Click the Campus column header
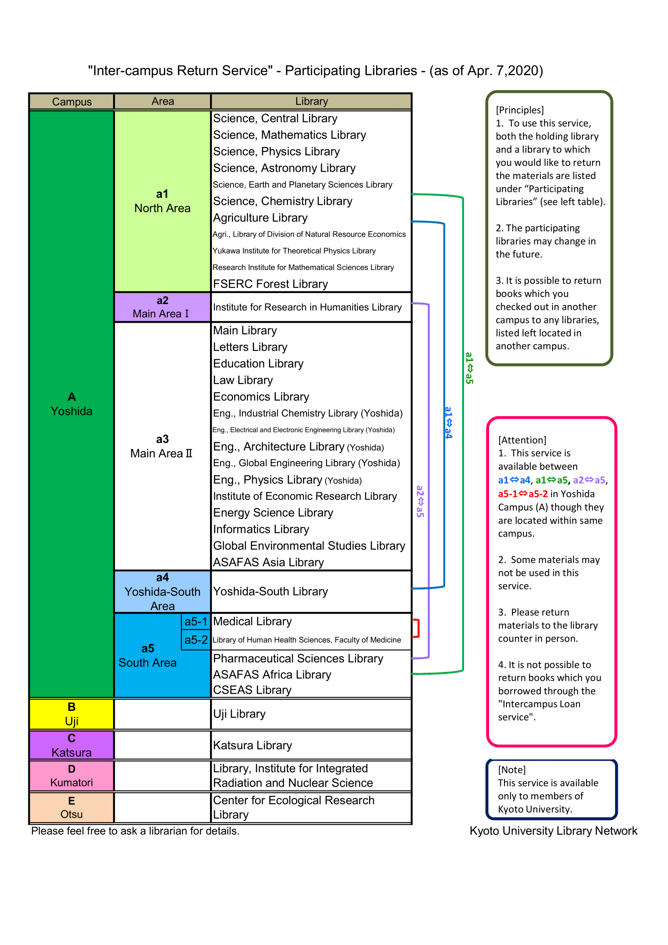pos(71,101)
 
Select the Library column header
pos(311,101)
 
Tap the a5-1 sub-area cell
pos(196,621)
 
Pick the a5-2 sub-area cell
pos(196,640)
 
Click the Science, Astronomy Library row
pos(284,168)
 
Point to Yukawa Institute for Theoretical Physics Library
pos(294,250)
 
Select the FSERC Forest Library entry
pos(270,284)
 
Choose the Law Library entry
pos(243,380)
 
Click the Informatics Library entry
pos(261,529)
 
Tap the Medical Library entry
pos(252,621)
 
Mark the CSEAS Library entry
pos(252,690)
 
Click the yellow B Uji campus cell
pos(71,713)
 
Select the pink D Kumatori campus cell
pos(71,775)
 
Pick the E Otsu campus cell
pos(71,808)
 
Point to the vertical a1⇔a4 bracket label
pos(448,423)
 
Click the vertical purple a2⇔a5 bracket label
pos(420,501)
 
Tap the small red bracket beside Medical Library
pos(418,628)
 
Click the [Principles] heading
pos(519,110)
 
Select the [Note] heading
pos(512,770)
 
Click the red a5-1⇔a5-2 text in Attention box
pos(523,493)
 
